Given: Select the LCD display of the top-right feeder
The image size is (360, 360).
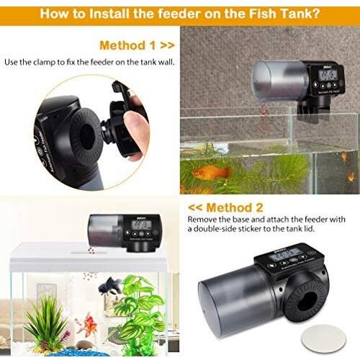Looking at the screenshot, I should click(x=327, y=74).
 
